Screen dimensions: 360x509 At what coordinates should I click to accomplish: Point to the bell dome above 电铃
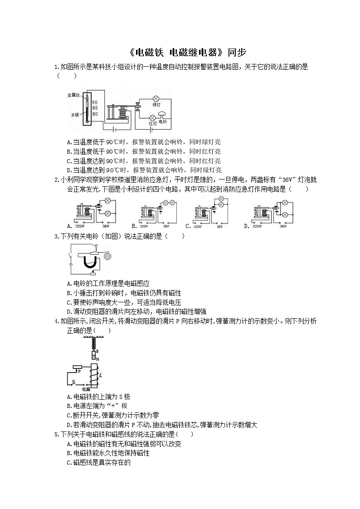click(x=162, y=114)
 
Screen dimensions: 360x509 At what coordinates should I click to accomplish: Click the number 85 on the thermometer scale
click(x=95, y=108)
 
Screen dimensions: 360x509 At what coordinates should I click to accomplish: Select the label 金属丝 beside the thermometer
click(x=73, y=95)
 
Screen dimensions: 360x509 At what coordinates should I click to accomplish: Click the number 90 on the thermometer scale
click(x=95, y=102)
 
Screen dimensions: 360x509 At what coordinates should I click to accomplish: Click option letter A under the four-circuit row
click(x=68, y=226)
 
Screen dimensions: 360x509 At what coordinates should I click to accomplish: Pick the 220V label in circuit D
click(x=257, y=226)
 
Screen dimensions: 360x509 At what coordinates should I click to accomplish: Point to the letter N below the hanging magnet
click(x=97, y=358)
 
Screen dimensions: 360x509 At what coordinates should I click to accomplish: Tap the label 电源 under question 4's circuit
click(x=86, y=389)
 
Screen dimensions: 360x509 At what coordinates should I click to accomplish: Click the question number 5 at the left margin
click(x=56, y=434)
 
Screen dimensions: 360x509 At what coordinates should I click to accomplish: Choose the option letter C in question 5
click(x=68, y=463)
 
